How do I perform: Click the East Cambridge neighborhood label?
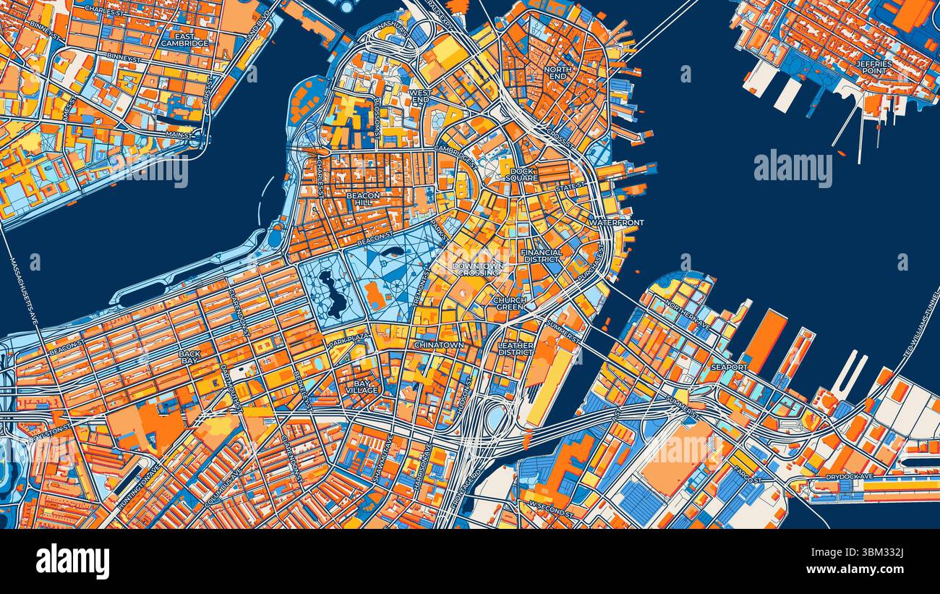tap(184, 39)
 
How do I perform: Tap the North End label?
tap(558, 72)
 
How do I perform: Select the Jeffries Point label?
tap(875, 67)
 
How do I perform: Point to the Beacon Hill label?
tap(363, 199)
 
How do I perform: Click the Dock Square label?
tap(521, 174)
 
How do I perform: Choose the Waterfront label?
tap(615, 223)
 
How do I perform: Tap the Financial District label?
tap(541, 255)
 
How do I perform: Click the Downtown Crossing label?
tap(477, 269)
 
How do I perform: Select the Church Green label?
tap(510, 303)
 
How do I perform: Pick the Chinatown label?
tap(439, 345)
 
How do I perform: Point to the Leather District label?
tap(516, 349)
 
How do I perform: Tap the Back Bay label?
tap(189, 358)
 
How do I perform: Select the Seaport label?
tap(729, 368)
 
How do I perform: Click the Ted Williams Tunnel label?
tap(921, 326)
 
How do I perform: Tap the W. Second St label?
tap(551, 504)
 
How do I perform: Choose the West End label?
tap(420, 96)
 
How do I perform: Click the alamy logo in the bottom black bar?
tap(72, 561)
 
